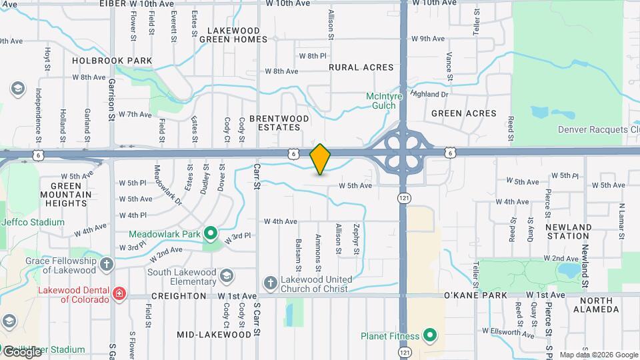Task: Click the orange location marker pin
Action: point(320,159)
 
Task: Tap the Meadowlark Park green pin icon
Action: point(211,233)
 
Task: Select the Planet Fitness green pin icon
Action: point(430,335)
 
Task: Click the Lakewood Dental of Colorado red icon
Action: point(119,293)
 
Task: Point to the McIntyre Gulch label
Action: point(385,101)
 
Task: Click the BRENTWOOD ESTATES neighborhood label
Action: point(279,123)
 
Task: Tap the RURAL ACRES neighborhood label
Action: point(361,67)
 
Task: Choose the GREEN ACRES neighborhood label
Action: point(464,113)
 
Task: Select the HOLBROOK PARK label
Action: point(103,61)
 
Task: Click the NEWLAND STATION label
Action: point(569,231)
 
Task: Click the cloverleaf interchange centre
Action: point(403,153)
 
